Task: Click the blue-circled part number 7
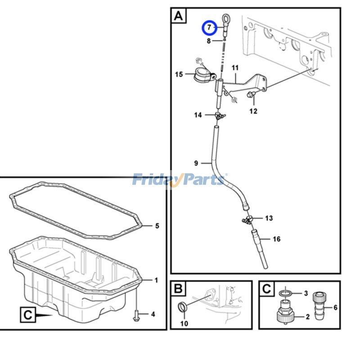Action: [209, 28]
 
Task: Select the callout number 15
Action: [179, 74]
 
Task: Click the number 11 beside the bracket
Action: [234, 68]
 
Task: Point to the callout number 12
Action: [253, 111]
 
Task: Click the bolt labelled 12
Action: [251, 94]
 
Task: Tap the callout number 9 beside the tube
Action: [196, 163]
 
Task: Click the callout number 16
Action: [277, 239]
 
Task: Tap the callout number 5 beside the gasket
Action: [157, 225]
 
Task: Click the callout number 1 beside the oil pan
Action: [156, 280]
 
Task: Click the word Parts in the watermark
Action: [202, 180]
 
